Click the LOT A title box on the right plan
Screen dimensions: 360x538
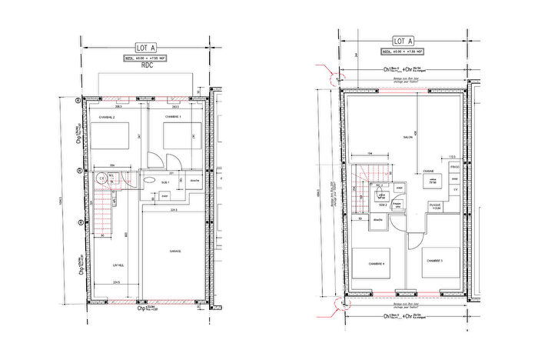click(403, 41)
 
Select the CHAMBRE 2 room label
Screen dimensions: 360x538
click(106, 116)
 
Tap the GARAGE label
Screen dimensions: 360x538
click(174, 251)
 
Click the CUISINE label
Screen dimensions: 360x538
click(429, 170)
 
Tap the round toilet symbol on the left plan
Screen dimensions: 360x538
click(101, 176)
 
